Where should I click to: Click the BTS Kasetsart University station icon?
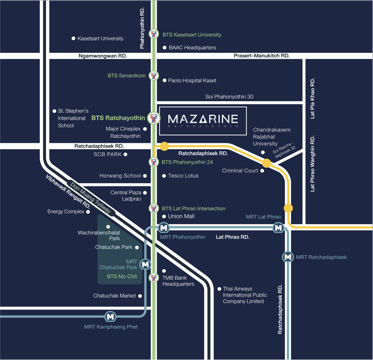pyautogui.click(x=154, y=34)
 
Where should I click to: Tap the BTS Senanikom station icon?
pyautogui.click(x=154, y=76)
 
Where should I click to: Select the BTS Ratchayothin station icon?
pyautogui.click(x=154, y=118)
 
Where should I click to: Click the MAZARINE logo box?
pyautogui.click(x=203, y=121)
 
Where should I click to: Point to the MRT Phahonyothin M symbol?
pyautogui.click(x=164, y=228)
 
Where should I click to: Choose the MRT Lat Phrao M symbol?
pyautogui.click(x=278, y=228)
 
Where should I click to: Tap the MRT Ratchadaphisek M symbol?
pyautogui.click(x=288, y=257)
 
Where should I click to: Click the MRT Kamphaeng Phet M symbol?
pyautogui.click(x=111, y=317)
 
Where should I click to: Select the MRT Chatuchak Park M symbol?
pyautogui.click(x=145, y=264)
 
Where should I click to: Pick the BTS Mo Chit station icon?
pyautogui.click(x=154, y=277)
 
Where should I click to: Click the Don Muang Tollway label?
pyautogui.click(x=90, y=198)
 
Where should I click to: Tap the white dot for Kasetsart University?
pyautogui.click(x=74, y=39)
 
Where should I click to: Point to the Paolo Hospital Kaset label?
pyautogui.click(x=192, y=80)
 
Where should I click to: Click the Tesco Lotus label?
pyautogui.click(x=183, y=176)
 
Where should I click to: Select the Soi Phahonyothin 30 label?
pyautogui.click(x=229, y=96)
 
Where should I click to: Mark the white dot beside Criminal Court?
pyautogui.click(x=262, y=171)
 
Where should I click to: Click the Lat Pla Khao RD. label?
pyautogui.click(x=312, y=98)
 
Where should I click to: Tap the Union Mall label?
pyautogui.click(x=181, y=216)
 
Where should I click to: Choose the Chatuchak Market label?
pyautogui.click(x=114, y=296)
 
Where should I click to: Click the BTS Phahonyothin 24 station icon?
pyautogui.click(x=154, y=162)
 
